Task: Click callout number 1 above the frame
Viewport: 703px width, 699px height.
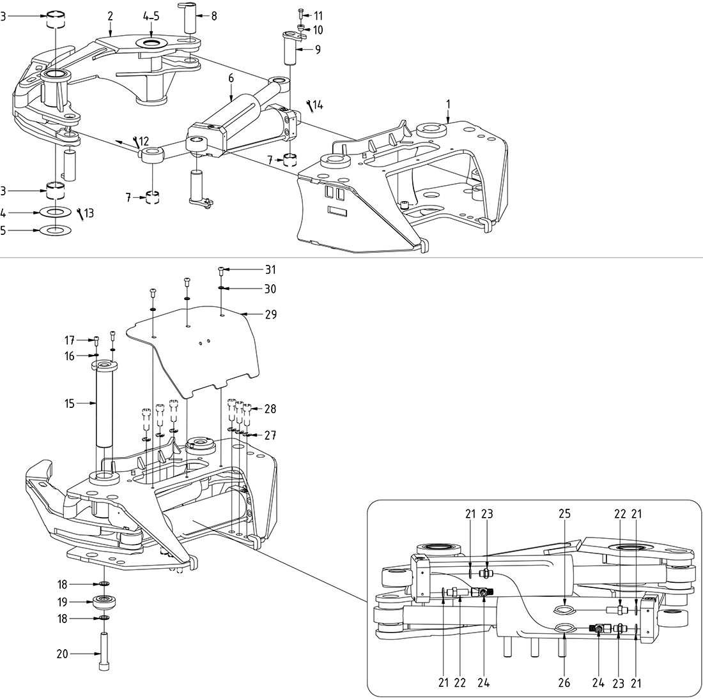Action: pos(448,103)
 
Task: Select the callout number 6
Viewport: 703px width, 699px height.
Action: pos(231,78)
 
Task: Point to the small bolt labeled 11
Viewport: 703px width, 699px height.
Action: pos(301,13)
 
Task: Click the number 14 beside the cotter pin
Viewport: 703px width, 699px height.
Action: pos(318,105)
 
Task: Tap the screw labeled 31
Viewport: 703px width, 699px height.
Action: pos(220,271)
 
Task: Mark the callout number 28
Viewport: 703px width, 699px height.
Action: pos(270,409)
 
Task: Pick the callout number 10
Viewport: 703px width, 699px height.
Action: pos(318,30)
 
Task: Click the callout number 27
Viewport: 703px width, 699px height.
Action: pos(270,435)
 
